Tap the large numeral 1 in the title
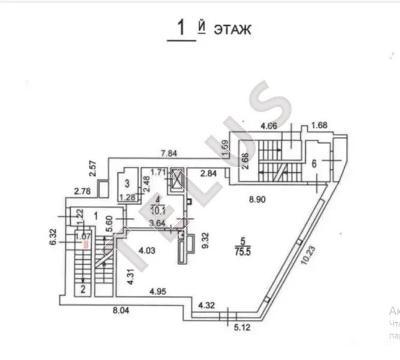pyautogui.click(x=179, y=28)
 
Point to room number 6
pyautogui.click(x=314, y=164)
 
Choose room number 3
pyautogui.click(x=128, y=184)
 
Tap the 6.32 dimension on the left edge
pyautogui.click(x=53, y=236)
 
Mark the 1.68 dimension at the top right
pyautogui.click(x=320, y=125)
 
